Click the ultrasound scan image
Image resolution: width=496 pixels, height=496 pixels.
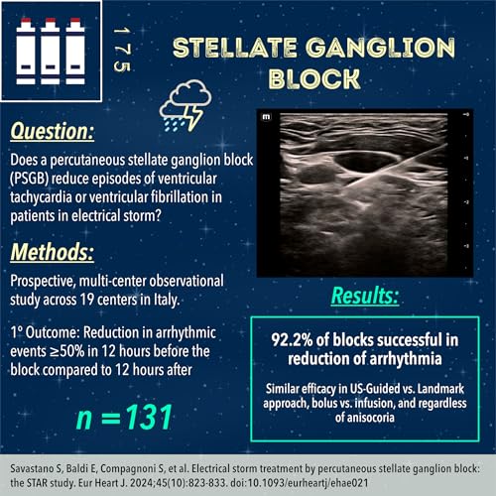[367, 193]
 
